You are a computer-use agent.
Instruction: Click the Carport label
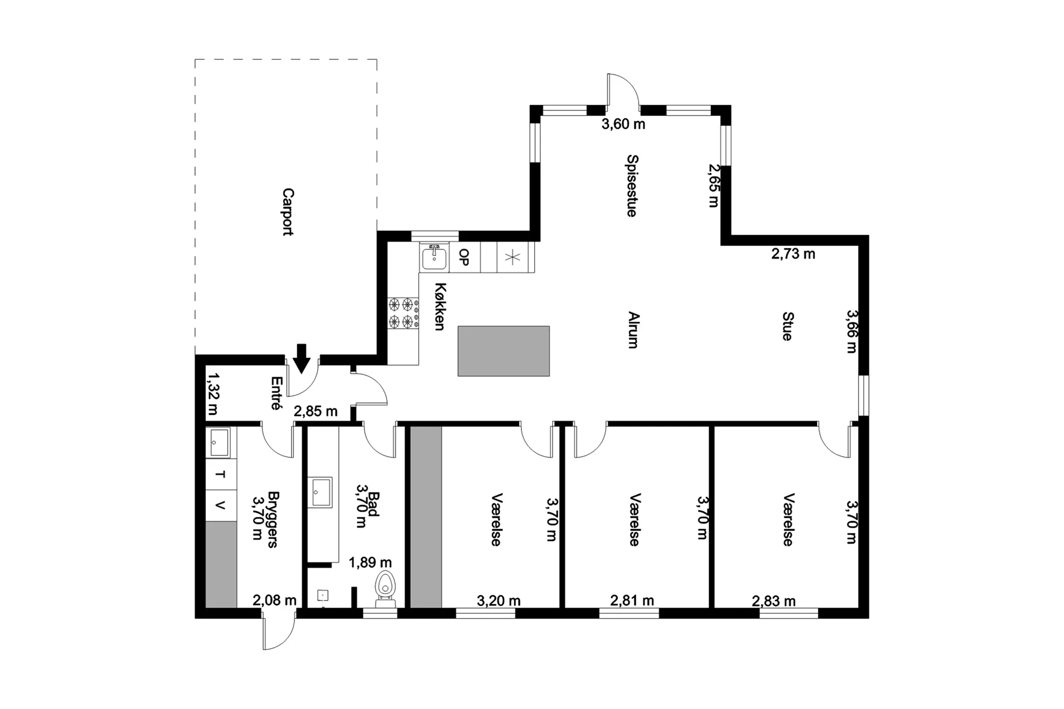click(x=288, y=212)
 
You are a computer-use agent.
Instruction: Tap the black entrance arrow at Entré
click(x=302, y=358)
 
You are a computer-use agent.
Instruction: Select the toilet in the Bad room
click(x=385, y=589)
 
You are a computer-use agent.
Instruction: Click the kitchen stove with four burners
click(x=403, y=313)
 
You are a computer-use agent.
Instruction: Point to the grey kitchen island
click(x=503, y=351)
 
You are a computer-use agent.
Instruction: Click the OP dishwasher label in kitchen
click(x=464, y=257)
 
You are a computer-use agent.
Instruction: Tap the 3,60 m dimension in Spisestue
click(x=624, y=124)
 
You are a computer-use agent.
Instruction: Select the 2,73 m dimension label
click(x=793, y=254)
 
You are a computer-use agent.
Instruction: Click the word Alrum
click(x=633, y=330)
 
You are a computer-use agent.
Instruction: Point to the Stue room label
click(x=788, y=326)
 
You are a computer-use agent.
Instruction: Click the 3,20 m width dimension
click(x=498, y=600)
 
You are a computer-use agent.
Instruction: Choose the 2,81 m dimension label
click(x=632, y=600)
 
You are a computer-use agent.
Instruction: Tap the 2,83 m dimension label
click(x=774, y=601)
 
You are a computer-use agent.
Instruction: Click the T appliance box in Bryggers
click(x=221, y=474)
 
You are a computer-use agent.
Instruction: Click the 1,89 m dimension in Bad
click(x=370, y=562)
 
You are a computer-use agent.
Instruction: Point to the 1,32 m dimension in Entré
click(x=213, y=394)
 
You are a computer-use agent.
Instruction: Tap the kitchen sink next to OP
click(x=435, y=257)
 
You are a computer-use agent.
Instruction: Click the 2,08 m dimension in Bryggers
click(x=275, y=600)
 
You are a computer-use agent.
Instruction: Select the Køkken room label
click(x=440, y=306)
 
